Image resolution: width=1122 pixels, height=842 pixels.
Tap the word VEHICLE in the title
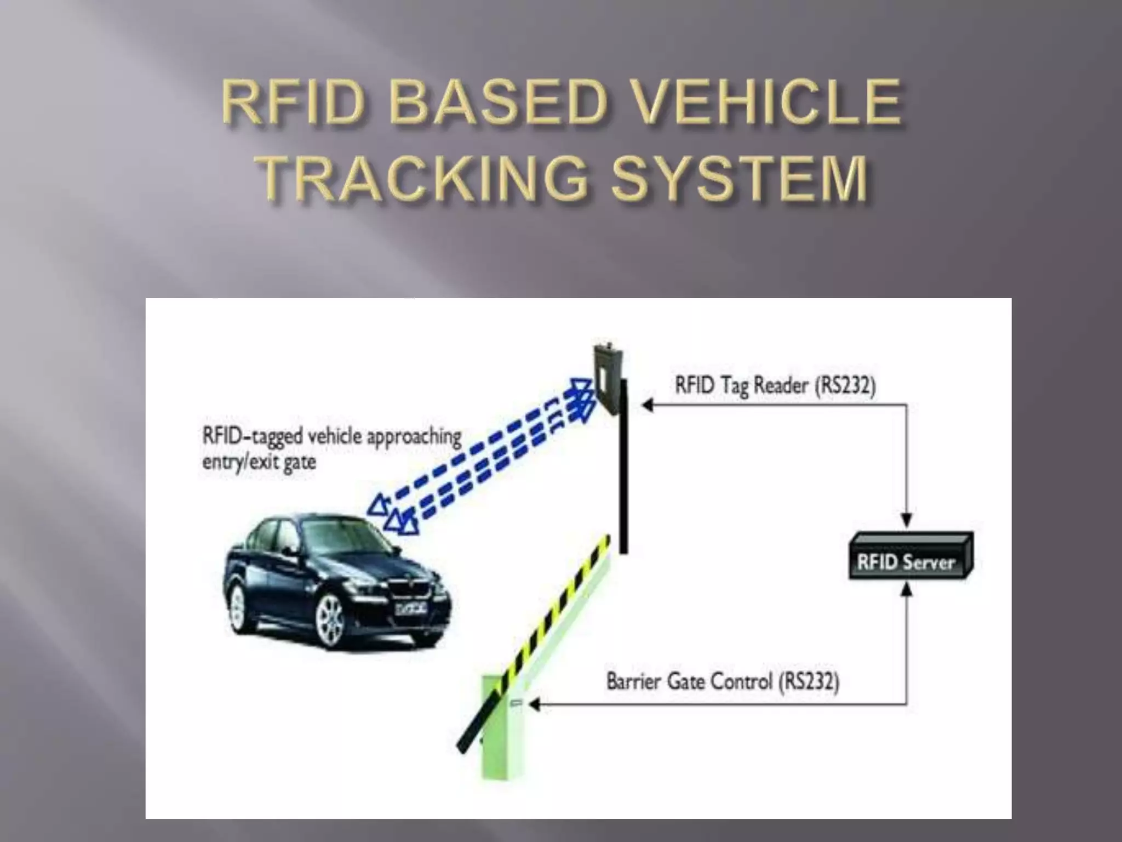click(766, 102)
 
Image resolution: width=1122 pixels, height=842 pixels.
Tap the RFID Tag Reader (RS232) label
click(775, 385)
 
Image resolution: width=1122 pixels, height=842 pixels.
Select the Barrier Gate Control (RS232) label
click(723, 681)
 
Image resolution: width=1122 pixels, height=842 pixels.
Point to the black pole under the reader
click(623, 482)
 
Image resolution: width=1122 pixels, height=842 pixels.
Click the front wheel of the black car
click(329, 620)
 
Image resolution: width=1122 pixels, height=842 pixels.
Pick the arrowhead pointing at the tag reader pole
click(646, 406)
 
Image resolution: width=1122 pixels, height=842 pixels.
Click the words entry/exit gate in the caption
click(259, 462)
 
